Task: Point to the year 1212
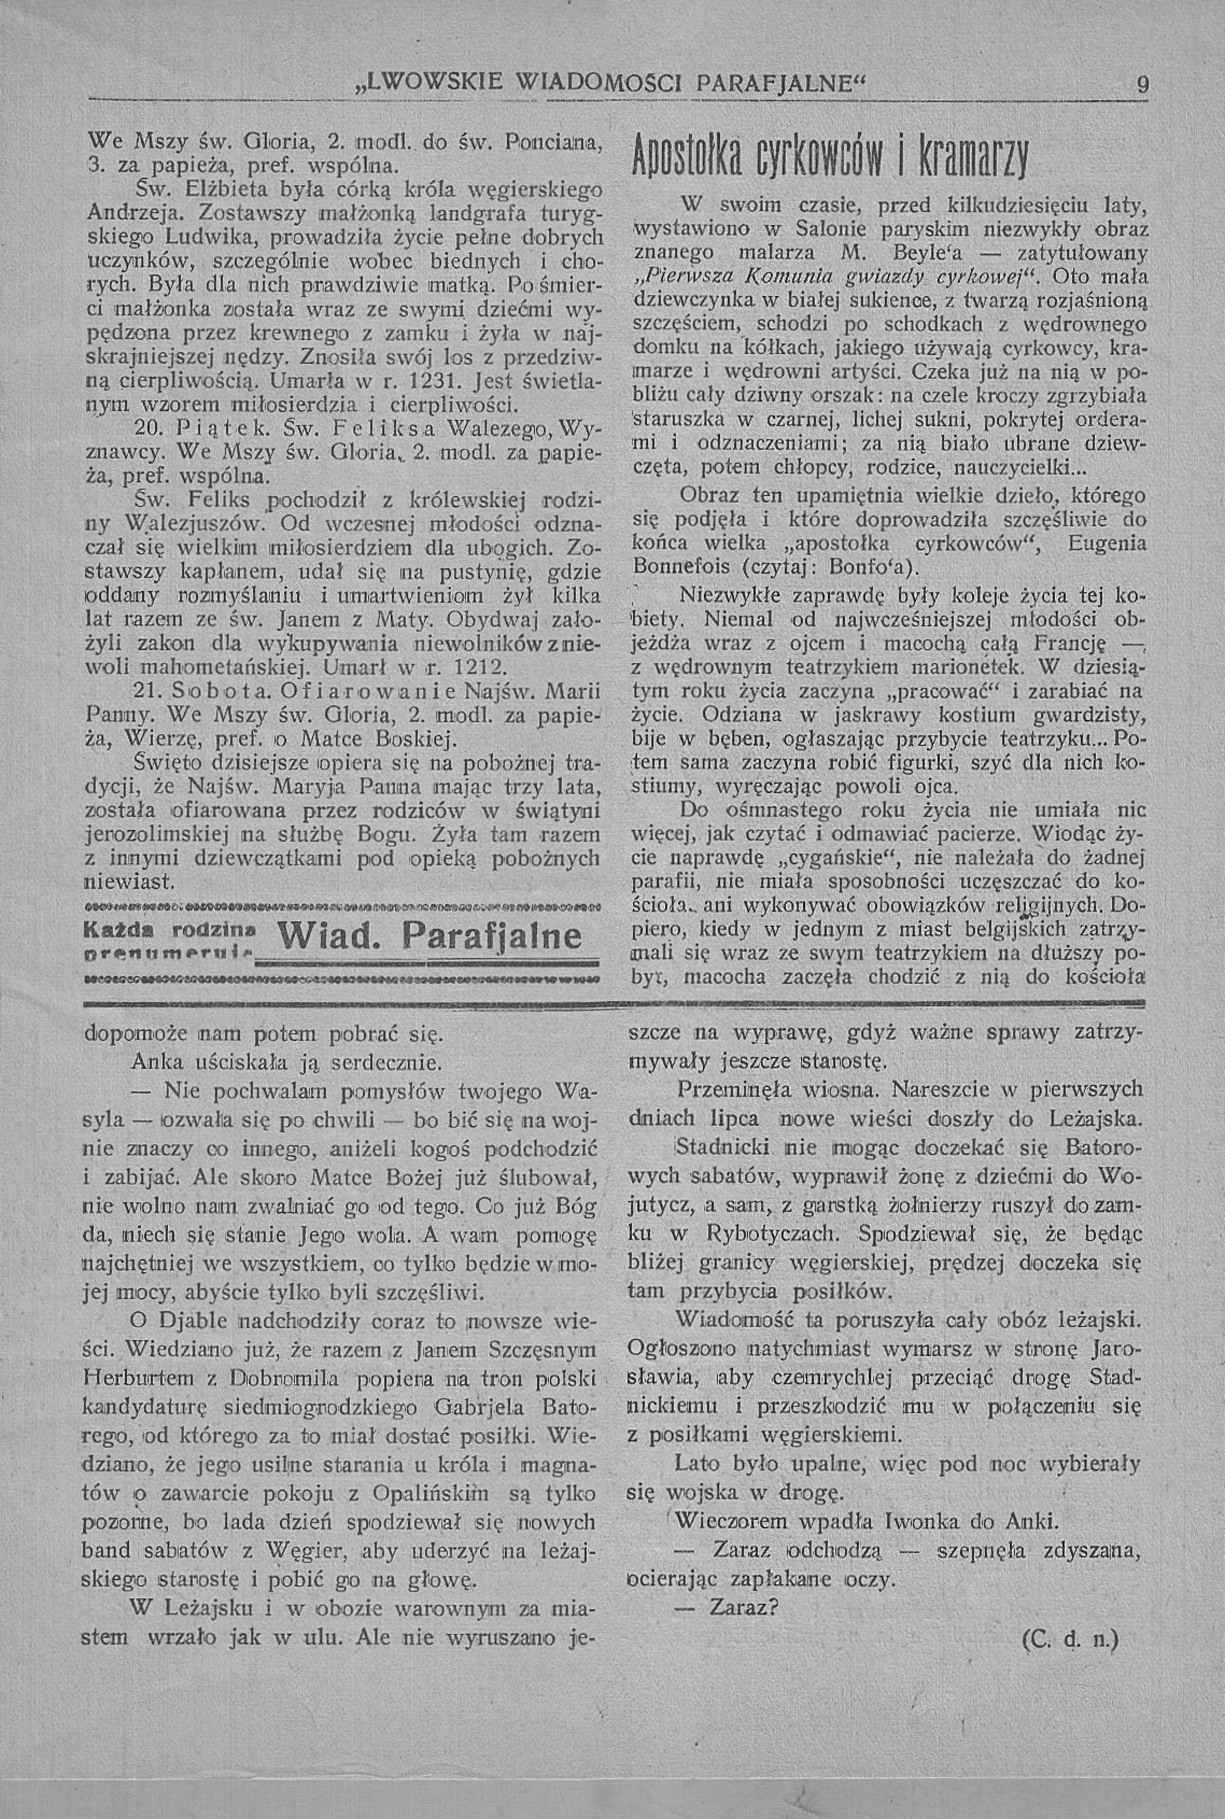(x=483, y=668)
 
